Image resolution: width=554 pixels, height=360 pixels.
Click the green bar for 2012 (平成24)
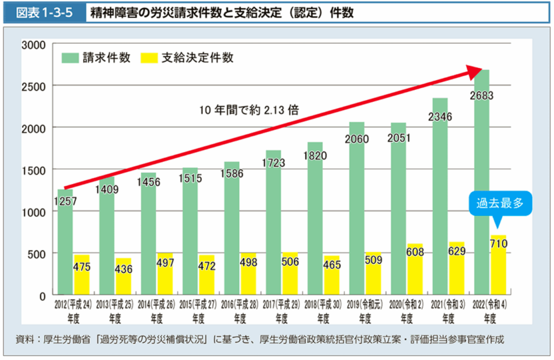click(65, 244)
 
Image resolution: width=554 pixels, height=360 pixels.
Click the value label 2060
click(357, 139)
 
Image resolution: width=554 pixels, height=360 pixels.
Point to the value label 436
click(123, 269)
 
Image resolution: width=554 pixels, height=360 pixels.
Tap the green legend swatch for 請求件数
click(70, 58)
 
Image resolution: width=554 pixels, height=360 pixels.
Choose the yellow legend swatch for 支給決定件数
click(149, 58)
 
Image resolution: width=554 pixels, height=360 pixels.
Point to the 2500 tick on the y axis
click(33, 86)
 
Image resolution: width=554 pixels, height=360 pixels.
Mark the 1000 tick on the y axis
click(33, 212)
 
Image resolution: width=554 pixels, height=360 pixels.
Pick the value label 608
click(415, 252)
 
